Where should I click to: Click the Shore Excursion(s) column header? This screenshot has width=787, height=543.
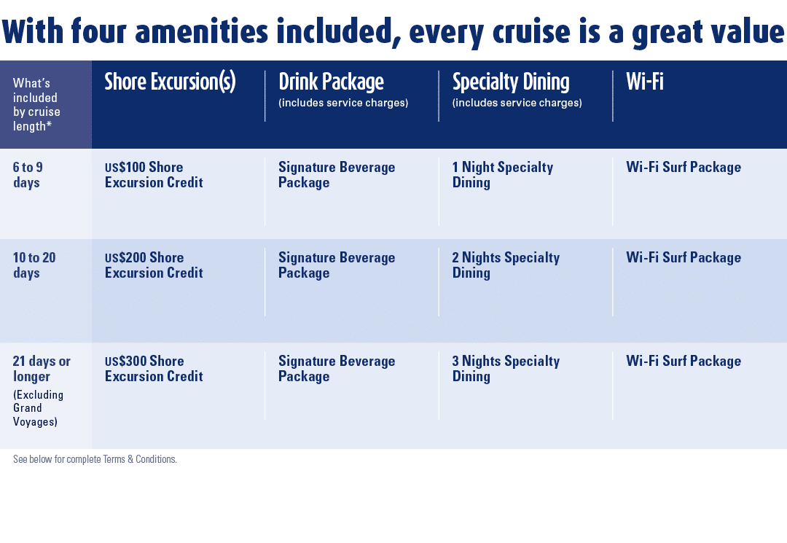170,82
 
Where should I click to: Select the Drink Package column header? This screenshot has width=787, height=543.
331,82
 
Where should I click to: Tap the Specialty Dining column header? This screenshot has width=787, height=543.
511,82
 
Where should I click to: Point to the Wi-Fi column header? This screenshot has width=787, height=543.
645,82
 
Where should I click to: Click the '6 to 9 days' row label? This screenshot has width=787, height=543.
28,175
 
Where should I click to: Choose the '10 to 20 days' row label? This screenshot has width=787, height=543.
34,265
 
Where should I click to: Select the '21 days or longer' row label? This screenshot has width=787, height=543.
42,369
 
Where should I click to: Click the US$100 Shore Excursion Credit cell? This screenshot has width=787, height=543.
154,175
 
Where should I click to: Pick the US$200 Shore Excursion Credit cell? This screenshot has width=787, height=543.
154,265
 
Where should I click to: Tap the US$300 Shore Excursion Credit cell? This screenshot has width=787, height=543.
154,369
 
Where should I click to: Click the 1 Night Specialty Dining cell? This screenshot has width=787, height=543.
502,175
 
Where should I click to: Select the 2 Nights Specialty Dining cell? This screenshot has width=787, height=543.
506,265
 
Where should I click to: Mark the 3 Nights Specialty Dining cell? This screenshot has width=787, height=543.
506,369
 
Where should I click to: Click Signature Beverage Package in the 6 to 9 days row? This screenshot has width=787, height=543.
337,175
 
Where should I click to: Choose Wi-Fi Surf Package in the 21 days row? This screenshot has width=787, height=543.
683,362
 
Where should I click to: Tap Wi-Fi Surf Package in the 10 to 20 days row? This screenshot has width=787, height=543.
683,258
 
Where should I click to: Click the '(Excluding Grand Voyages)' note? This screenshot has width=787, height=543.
38,408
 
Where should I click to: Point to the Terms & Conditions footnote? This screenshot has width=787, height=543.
95,460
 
